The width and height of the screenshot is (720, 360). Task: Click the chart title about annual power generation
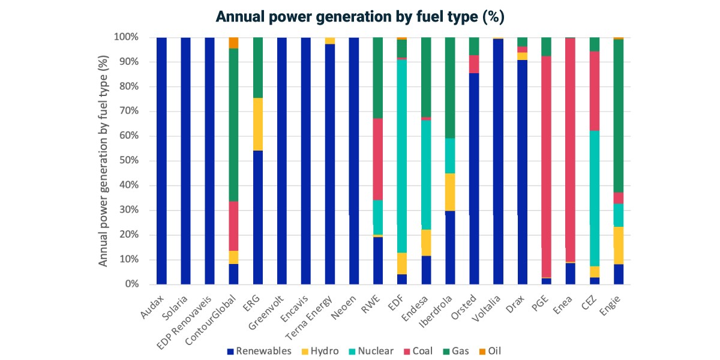tap(360, 17)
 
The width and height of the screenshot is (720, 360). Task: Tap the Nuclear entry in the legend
tap(371, 351)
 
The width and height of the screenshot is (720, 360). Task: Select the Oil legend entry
tap(490, 351)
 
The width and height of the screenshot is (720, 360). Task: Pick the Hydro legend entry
tap(320, 351)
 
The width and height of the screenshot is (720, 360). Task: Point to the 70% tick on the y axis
tap(129, 111)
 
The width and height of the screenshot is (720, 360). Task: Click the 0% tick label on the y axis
tap(132, 284)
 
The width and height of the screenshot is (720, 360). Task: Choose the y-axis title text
tap(103, 161)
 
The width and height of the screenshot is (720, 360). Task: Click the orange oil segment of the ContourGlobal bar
tap(233, 43)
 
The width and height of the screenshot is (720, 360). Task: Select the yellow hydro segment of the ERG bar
tap(258, 124)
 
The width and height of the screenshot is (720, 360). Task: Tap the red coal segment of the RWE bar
tap(378, 160)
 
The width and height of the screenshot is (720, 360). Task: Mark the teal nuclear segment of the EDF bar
tap(402, 156)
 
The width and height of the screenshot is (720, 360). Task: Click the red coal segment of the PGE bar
tap(547, 167)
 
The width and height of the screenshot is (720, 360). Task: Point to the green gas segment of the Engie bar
tap(619, 116)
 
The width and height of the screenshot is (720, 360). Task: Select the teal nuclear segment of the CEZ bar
tap(595, 199)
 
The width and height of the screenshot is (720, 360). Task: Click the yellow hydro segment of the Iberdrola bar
tap(451, 192)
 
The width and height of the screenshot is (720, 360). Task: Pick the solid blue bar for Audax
tap(161, 161)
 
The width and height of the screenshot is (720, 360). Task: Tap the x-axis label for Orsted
tap(463, 307)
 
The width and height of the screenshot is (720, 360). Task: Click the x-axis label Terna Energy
tap(308, 317)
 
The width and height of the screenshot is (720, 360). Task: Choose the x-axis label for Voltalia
tap(486, 308)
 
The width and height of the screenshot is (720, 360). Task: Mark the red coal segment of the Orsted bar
tap(474, 64)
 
